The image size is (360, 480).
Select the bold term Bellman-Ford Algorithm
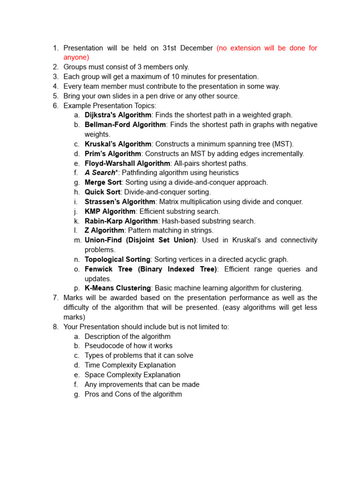coord(125,125)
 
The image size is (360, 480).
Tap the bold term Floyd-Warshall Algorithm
coord(127,163)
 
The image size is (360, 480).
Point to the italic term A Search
coord(100,172)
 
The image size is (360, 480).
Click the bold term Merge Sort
coord(103,182)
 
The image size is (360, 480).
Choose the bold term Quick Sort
coord(103,192)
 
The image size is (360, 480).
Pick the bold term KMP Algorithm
coord(110,211)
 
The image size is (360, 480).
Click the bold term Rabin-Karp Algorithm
coord(121,221)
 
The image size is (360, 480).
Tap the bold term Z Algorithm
coord(104,230)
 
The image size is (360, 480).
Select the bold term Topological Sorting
coord(118,259)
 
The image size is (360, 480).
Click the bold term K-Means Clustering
coord(118,288)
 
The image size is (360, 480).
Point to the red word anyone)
coord(76,57)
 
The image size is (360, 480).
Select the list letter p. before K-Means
coord(76,288)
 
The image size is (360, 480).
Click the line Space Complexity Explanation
coord(132,375)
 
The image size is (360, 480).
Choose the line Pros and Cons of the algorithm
coord(133,394)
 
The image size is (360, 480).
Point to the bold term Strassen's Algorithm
coord(120,202)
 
